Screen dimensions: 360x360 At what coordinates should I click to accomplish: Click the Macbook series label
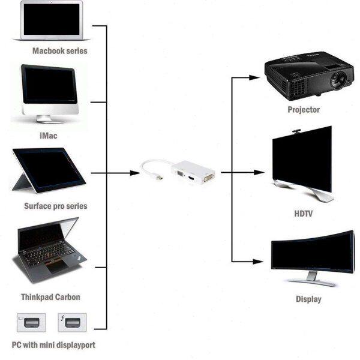59,51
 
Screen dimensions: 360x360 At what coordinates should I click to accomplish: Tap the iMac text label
48,136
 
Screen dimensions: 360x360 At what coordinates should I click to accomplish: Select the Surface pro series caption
55,206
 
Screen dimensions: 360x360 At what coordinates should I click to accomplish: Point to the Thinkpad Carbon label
50,297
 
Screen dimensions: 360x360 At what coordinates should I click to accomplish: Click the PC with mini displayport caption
53,345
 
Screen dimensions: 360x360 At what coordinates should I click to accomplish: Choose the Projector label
304,110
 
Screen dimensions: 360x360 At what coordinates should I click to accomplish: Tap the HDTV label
304,213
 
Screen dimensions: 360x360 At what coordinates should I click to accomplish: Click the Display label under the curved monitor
308,299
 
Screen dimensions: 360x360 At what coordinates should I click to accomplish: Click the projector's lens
337,78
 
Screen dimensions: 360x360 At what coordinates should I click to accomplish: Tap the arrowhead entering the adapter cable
134,173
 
